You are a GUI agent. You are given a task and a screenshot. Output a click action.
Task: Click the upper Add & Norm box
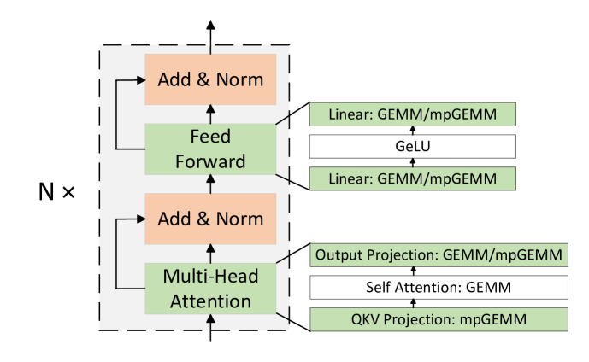click(x=210, y=79)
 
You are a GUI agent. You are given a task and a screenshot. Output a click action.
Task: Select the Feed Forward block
click(x=210, y=149)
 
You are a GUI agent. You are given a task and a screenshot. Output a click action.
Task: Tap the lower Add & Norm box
click(x=210, y=219)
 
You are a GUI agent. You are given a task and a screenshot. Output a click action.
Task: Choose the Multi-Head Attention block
click(x=210, y=289)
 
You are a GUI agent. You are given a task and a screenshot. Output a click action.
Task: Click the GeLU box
click(x=412, y=147)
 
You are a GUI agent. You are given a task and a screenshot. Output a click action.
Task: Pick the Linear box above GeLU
click(x=412, y=114)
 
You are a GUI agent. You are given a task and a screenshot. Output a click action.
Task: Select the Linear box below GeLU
click(x=412, y=178)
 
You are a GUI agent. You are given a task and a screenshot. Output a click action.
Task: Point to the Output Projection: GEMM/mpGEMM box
click(x=439, y=254)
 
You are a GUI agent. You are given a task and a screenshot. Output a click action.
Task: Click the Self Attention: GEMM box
click(x=439, y=288)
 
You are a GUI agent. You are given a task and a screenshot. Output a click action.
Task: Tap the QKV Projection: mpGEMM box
click(x=439, y=319)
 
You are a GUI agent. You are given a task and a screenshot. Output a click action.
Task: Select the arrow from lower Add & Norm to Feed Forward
click(x=210, y=184)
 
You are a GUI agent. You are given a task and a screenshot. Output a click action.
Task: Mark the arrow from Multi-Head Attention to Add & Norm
click(x=210, y=254)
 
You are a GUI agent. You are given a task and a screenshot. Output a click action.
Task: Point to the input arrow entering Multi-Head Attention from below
click(x=210, y=321)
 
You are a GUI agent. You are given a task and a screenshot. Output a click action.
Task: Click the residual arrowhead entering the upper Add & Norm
click(x=139, y=79)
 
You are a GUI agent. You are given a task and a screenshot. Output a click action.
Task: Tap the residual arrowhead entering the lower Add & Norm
click(x=139, y=219)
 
